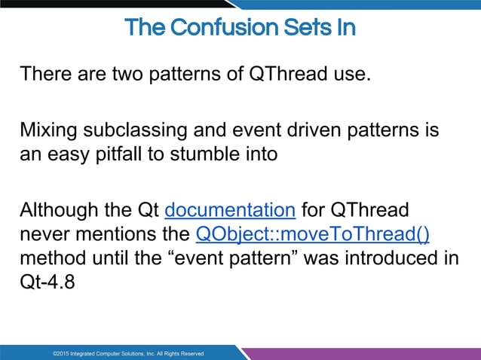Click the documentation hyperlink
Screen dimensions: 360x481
click(229, 209)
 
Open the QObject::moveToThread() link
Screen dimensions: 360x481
click(312, 234)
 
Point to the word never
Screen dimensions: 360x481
click(44, 234)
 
